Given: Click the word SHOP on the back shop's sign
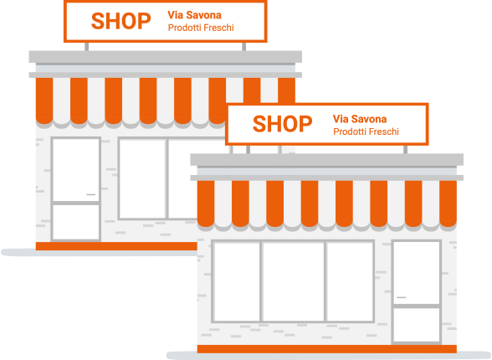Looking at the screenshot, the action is (x=120, y=21).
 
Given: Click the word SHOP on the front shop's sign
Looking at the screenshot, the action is (x=283, y=124).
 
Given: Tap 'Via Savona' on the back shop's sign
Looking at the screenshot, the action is (x=194, y=15).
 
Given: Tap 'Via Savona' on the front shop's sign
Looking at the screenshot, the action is (x=360, y=119).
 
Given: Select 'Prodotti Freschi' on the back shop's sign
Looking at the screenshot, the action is (x=201, y=28).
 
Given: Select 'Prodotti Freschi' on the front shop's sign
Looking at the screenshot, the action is (x=366, y=131).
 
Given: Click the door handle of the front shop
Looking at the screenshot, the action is (x=402, y=297).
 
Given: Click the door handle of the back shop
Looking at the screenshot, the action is (x=90, y=194).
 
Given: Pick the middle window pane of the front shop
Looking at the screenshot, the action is (x=294, y=281).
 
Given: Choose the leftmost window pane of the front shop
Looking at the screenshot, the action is (x=237, y=281).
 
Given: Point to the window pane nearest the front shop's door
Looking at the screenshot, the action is (x=350, y=281).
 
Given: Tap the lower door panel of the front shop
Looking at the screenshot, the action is (x=417, y=325).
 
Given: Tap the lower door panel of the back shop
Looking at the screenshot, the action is (x=76, y=222).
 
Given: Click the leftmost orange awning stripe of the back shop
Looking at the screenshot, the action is (x=44, y=100).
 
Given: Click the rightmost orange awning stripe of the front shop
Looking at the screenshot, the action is (x=448, y=203).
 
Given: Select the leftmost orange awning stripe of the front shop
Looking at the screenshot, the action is (x=206, y=203).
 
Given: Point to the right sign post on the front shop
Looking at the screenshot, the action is (x=405, y=149).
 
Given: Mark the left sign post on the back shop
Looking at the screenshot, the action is (x=87, y=46).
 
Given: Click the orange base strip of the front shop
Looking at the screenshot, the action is (x=326, y=349).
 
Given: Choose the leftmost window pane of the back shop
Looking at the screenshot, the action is (x=142, y=178).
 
